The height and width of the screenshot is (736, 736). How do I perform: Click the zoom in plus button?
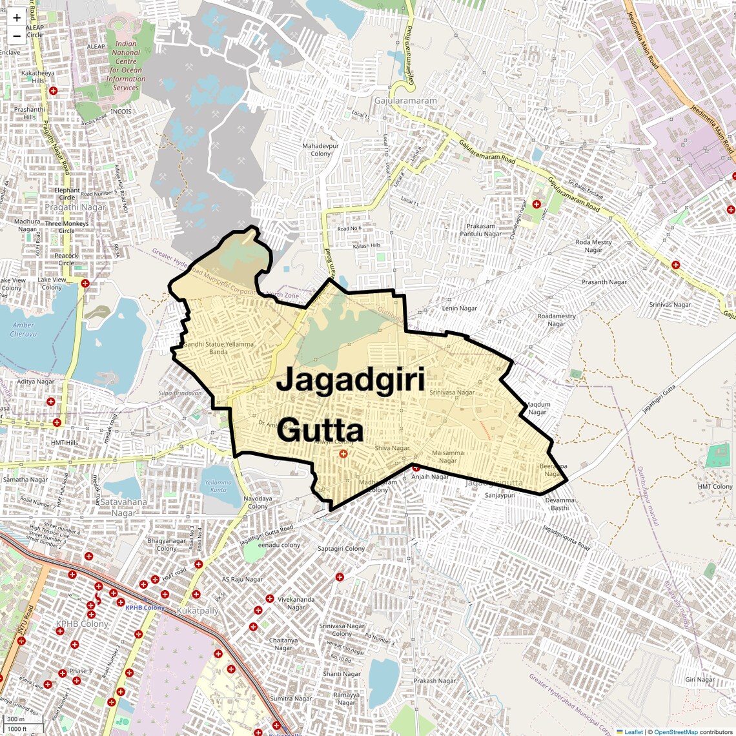point(17,18)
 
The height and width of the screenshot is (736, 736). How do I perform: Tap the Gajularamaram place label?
point(405,101)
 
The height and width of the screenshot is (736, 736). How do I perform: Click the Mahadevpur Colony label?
point(320,150)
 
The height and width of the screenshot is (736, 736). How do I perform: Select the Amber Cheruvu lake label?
point(23,329)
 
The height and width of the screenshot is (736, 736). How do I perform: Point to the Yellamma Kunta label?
point(218,486)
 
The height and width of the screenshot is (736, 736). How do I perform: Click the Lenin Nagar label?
point(459,308)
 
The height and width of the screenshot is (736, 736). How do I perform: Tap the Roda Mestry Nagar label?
point(593,246)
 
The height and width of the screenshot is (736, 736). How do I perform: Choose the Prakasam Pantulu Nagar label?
point(484,230)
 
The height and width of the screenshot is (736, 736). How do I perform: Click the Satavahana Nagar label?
point(123,507)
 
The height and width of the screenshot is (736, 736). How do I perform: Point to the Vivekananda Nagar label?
point(296,603)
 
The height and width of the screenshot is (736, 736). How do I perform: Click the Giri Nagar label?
point(700,679)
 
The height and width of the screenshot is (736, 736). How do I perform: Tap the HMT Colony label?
point(715,487)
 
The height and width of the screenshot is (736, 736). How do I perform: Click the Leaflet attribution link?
point(633,731)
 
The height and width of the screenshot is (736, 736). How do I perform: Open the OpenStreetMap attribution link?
point(675,731)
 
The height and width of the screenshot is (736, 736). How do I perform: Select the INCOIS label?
point(121,112)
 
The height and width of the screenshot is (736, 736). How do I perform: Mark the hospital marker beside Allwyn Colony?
point(343,454)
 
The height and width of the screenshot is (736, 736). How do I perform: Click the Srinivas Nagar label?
point(670,305)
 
